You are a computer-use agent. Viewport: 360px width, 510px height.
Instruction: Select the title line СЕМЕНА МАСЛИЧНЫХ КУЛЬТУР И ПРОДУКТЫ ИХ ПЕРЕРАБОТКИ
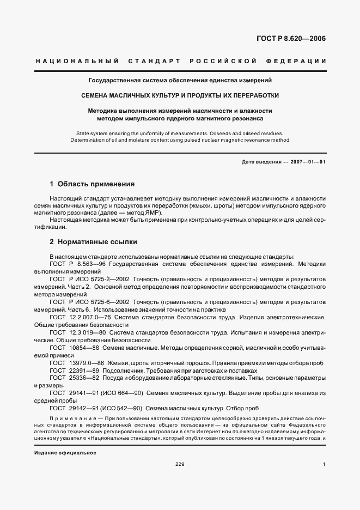click(180, 95)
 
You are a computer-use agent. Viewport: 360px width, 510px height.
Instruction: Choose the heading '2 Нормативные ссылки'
click(93, 241)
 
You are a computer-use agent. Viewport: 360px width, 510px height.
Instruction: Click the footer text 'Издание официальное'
click(65, 453)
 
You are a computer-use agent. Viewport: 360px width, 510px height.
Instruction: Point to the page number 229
click(180, 464)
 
